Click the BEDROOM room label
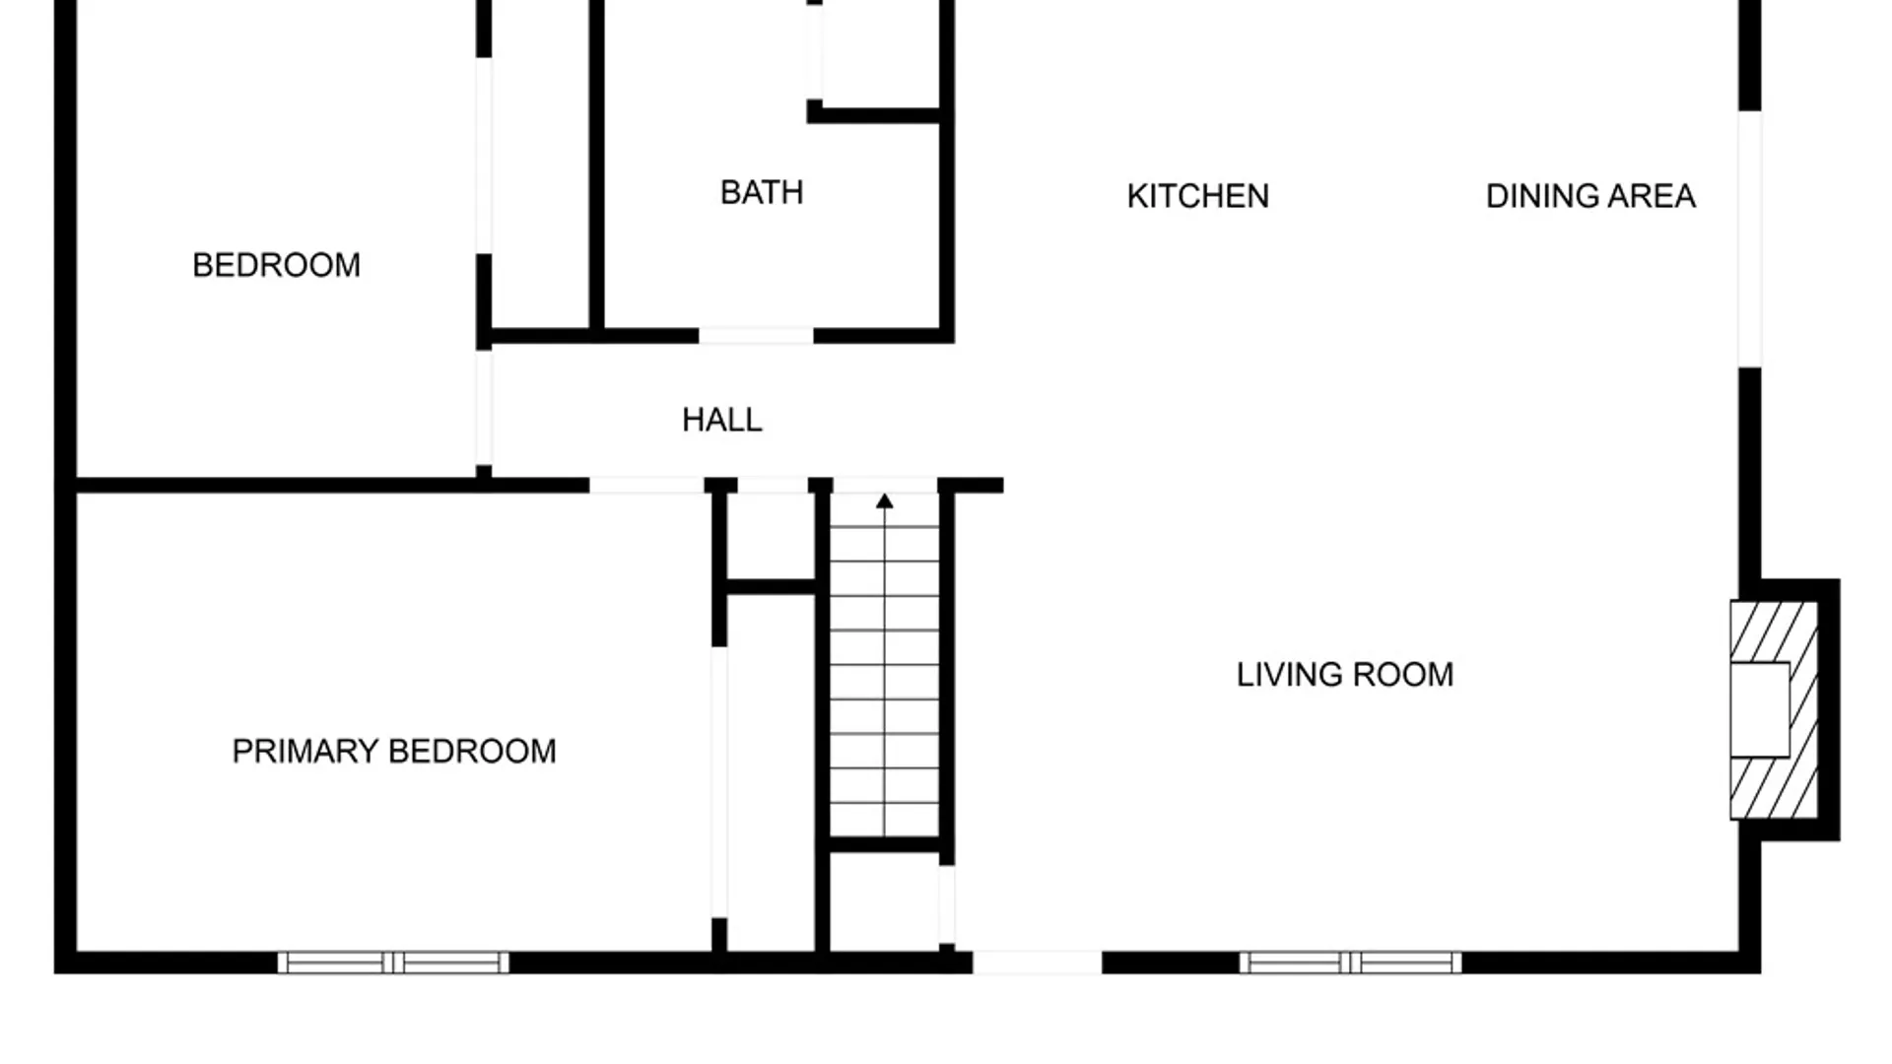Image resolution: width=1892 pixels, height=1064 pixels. (276, 265)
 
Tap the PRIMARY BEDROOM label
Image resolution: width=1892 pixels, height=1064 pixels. (394, 752)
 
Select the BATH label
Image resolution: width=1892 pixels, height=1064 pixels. (762, 192)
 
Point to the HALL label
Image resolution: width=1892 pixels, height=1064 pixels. (722, 420)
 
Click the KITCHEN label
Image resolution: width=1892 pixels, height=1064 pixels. (1197, 196)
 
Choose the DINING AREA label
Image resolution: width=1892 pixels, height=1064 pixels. (1590, 196)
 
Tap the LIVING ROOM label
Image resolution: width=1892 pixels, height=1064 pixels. (1345, 675)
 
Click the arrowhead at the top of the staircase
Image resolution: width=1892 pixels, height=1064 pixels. (885, 501)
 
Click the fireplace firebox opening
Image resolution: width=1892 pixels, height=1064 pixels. (1760, 709)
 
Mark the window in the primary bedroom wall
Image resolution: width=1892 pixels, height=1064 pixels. (393, 963)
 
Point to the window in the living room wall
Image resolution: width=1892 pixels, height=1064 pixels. (1350, 963)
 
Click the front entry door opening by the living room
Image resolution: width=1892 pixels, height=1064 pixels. (1037, 963)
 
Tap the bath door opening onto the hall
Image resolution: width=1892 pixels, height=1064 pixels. (756, 336)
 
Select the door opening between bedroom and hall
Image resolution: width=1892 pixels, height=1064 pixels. (484, 408)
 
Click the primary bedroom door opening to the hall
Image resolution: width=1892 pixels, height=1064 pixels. (646, 485)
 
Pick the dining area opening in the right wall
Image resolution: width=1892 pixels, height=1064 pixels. (1749, 239)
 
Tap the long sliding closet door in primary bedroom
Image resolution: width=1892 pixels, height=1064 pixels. (719, 782)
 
